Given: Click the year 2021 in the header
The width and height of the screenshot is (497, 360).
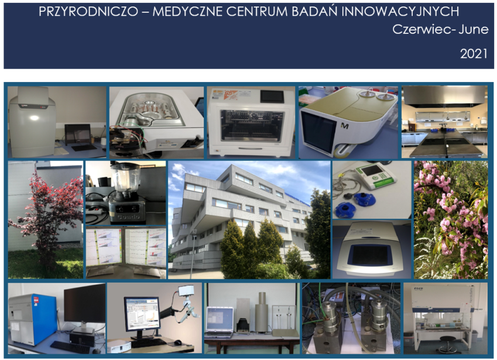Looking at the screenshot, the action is [474, 53].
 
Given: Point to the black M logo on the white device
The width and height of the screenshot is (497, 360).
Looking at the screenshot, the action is [345, 126].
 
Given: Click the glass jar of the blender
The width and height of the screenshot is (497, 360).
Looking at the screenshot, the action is [126, 177].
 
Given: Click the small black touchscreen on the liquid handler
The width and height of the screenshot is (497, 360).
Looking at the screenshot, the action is [272, 97].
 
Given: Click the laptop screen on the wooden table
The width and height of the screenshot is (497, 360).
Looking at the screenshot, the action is [220, 320].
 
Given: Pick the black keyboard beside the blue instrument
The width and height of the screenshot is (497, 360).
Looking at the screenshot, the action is [70, 347].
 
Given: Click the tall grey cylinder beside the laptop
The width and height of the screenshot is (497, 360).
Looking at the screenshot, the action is [262, 312].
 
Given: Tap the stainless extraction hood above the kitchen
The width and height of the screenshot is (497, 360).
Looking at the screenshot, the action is [445, 96].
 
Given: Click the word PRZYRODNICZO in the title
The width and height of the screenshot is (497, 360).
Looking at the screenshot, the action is [88, 12].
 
